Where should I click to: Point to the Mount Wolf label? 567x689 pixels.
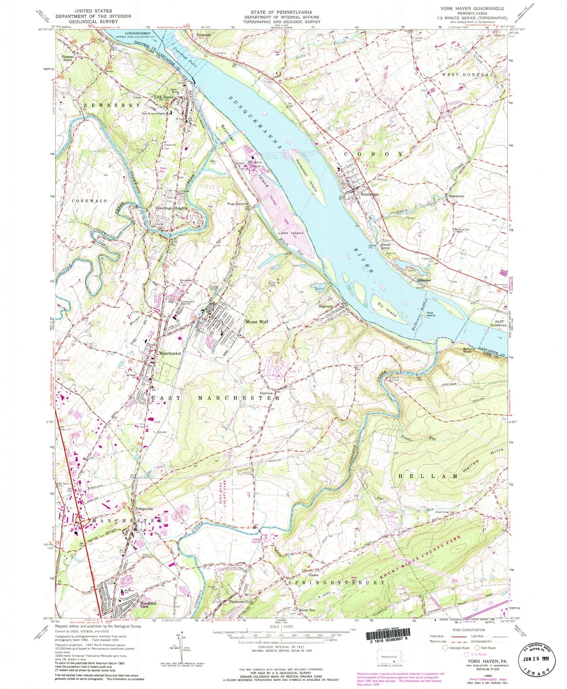coord(257,322)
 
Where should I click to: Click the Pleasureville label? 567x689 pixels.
coord(236,602)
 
